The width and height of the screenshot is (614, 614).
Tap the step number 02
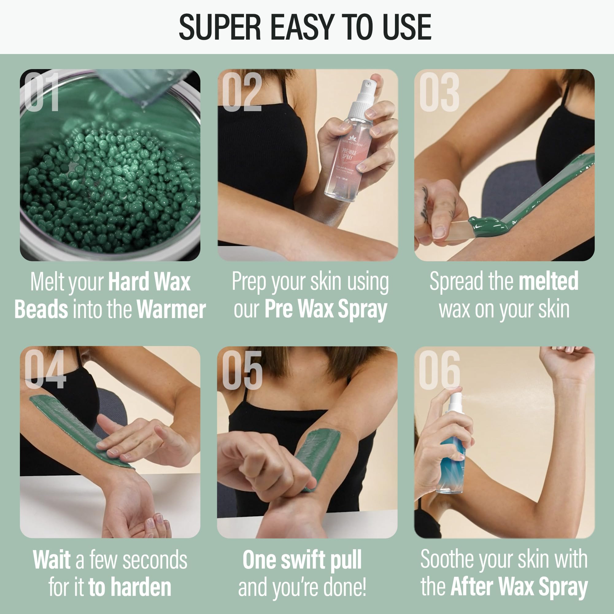(x=242, y=91)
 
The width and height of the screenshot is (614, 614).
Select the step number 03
(x=439, y=91)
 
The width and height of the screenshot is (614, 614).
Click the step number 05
(x=242, y=370)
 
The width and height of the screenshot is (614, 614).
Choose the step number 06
(x=439, y=370)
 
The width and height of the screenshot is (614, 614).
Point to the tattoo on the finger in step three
(x=425, y=204)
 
